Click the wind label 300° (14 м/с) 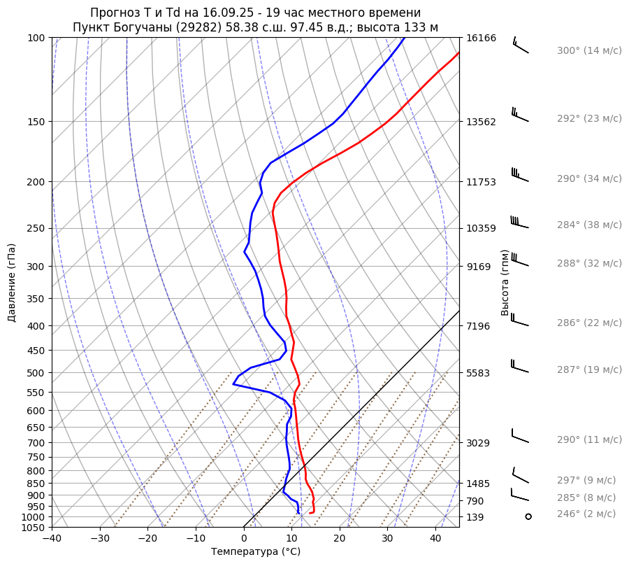pyautogui.click(x=588, y=51)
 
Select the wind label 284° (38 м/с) pyautogui.click(x=588, y=225)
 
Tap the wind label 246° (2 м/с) pyautogui.click(x=586, y=514)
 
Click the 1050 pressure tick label pyautogui.click(x=33, y=528)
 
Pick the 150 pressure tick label pyautogui.click(x=36, y=122)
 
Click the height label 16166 pyautogui.click(x=481, y=38)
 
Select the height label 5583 pyautogui.click(x=478, y=373)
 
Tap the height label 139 pyautogui.click(x=475, y=517)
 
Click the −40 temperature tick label pyautogui.click(x=52, y=539)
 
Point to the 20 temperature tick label pyautogui.click(x=340, y=539)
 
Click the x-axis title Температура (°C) pyautogui.click(x=256, y=552)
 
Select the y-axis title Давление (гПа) pyautogui.click(x=12, y=283)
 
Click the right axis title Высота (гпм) pyautogui.click(x=505, y=282)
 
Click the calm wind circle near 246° pyautogui.click(x=528, y=516)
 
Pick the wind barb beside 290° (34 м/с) pyautogui.click(x=520, y=175)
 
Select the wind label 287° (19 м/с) pyautogui.click(x=588, y=369)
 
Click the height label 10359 pyautogui.click(x=481, y=228)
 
